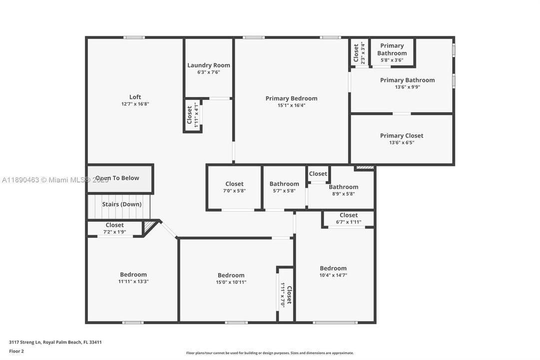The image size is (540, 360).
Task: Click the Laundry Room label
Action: click(208, 65)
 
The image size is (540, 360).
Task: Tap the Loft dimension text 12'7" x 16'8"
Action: click(135, 104)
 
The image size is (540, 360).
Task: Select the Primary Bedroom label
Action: click(291, 98)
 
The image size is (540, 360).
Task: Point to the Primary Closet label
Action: click(401, 135)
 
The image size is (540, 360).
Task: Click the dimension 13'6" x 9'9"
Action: click(407, 87)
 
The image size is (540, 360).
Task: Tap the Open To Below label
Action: click(117, 178)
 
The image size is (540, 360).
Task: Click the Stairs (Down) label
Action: click(121, 204)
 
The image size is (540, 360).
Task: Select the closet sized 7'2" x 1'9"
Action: click(114, 228)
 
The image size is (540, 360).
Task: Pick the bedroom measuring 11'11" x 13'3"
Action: click(133, 278)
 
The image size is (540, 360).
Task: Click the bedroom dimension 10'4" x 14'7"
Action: click(333, 275)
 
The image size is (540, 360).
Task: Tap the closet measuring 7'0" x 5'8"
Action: click(234, 187)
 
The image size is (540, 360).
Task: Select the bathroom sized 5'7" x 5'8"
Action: click(284, 187)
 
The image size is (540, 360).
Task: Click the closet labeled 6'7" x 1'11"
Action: click(348, 218)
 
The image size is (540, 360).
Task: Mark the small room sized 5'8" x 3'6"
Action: click(392, 53)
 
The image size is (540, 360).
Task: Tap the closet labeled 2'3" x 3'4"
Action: click(359, 52)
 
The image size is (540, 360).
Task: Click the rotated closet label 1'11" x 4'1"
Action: click(193, 115)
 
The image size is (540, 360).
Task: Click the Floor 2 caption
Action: click(16, 351)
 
